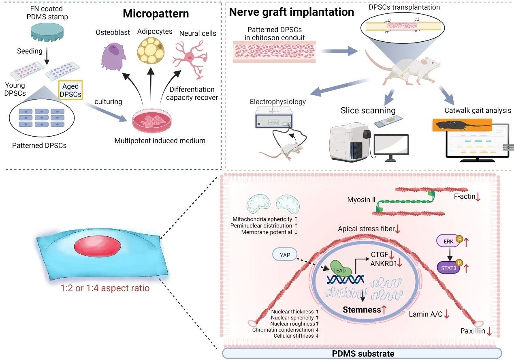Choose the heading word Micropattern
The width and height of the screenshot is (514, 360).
point(156,13)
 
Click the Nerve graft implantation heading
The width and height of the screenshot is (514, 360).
point(291,12)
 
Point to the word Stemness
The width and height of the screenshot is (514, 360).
point(362,310)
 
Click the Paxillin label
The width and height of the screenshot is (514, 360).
point(473,331)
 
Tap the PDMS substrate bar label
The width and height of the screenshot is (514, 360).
point(362,354)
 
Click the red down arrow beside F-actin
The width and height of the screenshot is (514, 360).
point(478,197)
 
